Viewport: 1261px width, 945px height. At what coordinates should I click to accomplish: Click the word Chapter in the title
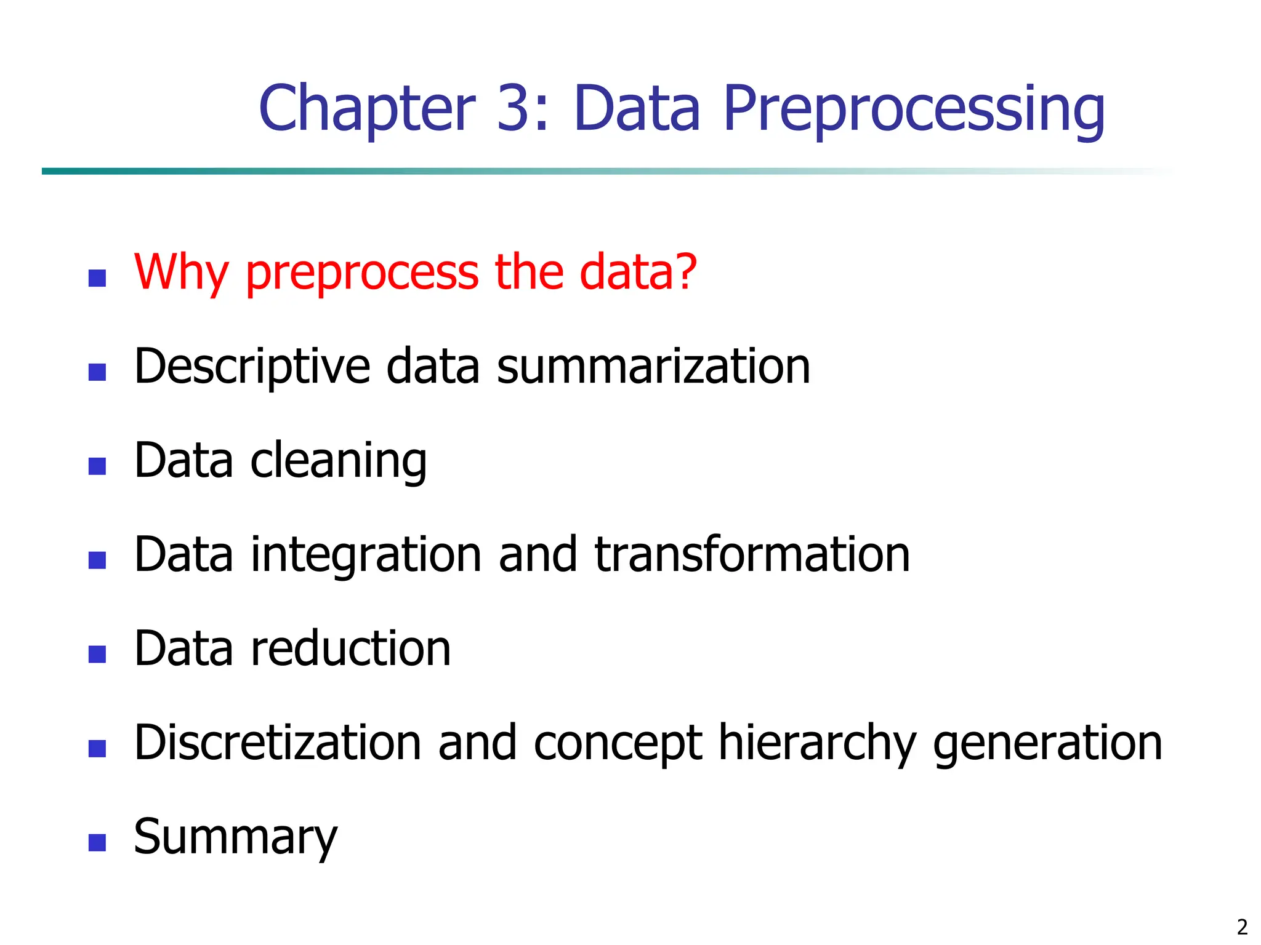[x=367, y=109]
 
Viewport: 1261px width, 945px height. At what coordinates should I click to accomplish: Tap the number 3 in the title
[x=513, y=109]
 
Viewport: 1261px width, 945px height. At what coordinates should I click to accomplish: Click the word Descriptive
[x=252, y=367]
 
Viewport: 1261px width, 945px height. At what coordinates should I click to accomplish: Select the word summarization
[x=653, y=367]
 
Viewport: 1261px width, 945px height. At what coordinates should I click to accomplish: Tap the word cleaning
[x=338, y=461]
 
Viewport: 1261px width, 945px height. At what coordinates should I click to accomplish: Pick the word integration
[x=366, y=556]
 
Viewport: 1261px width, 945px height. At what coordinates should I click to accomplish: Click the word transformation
[x=752, y=556]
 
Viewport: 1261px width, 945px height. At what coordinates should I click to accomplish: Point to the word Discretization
[x=278, y=743]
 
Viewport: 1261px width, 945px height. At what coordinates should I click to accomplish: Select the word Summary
[x=236, y=838]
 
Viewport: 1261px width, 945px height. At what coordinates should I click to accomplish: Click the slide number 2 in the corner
[x=1242, y=927]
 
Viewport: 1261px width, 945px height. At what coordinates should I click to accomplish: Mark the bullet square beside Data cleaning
[x=97, y=466]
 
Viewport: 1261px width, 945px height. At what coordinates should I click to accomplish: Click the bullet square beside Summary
[x=97, y=842]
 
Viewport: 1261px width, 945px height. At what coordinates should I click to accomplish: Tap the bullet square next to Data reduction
[x=97, y=654]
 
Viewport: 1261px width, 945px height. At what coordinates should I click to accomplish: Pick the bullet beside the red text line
[x=97, y=278]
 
